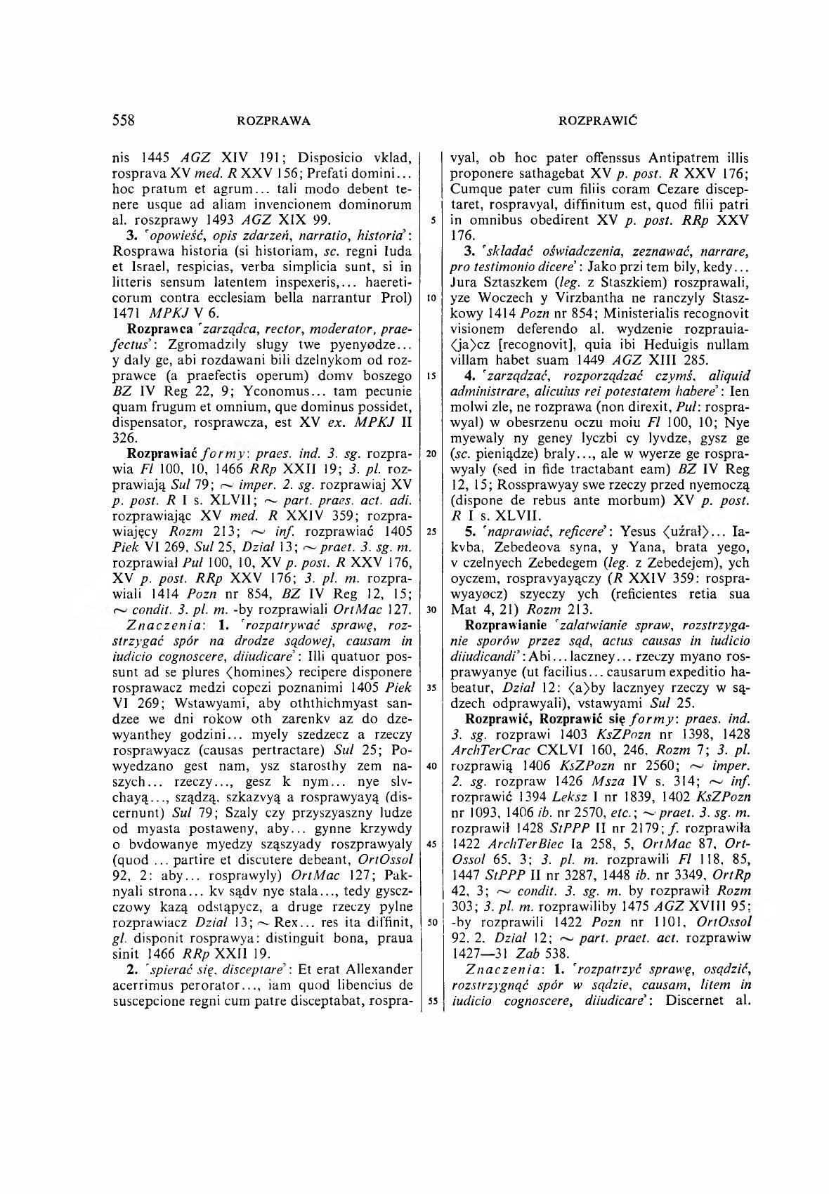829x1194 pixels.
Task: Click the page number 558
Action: click(x=124, y=120)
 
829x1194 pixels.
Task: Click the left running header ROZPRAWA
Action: click(x=274, y=121)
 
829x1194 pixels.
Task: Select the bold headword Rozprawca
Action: click(x=154, y=329)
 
